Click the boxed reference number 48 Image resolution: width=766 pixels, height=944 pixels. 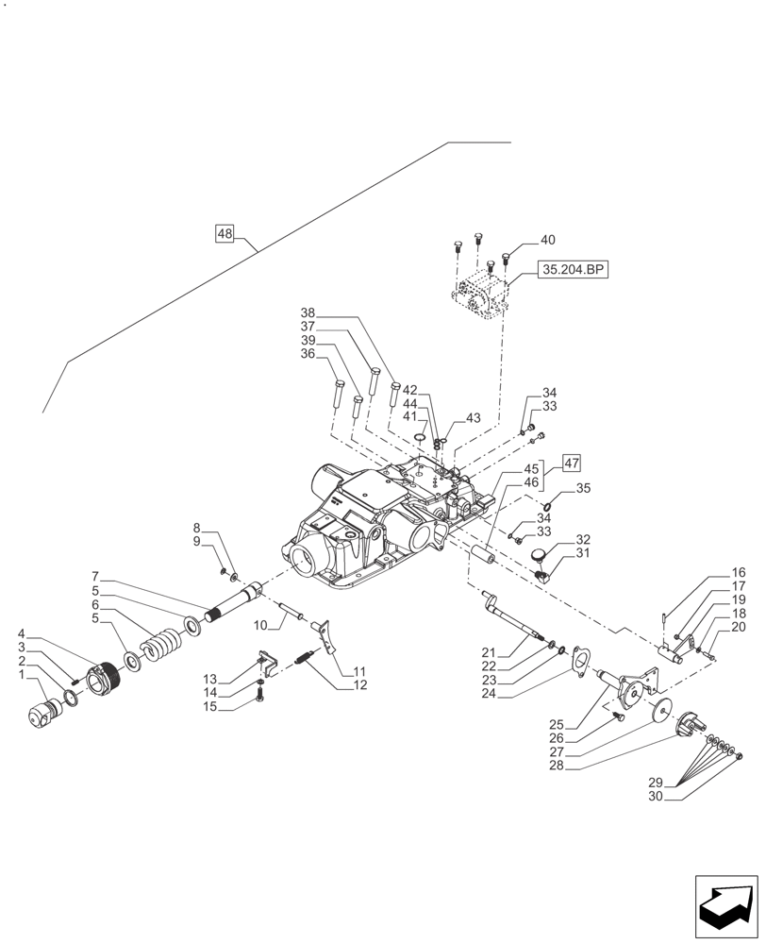coord(224,233)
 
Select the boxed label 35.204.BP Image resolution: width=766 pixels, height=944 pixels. coord(573,270)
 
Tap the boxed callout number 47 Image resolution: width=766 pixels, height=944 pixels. coord(572,463)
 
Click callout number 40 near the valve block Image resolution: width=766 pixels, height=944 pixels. coord(548,240)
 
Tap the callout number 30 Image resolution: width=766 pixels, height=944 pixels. coord(656,796)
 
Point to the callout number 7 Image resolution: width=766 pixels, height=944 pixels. coord(95,577)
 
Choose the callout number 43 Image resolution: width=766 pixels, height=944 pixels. coord(473,417)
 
